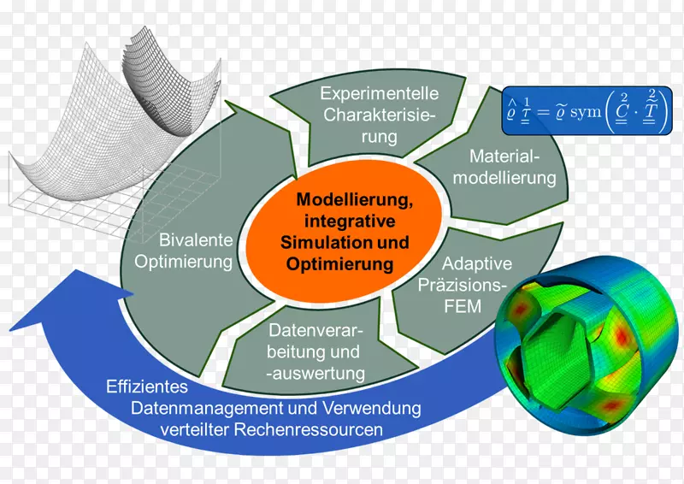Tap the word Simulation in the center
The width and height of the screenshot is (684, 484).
pyautogui.click(x=318, y=243)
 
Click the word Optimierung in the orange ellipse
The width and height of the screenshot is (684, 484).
pyautogui.click(x=341, y=264)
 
